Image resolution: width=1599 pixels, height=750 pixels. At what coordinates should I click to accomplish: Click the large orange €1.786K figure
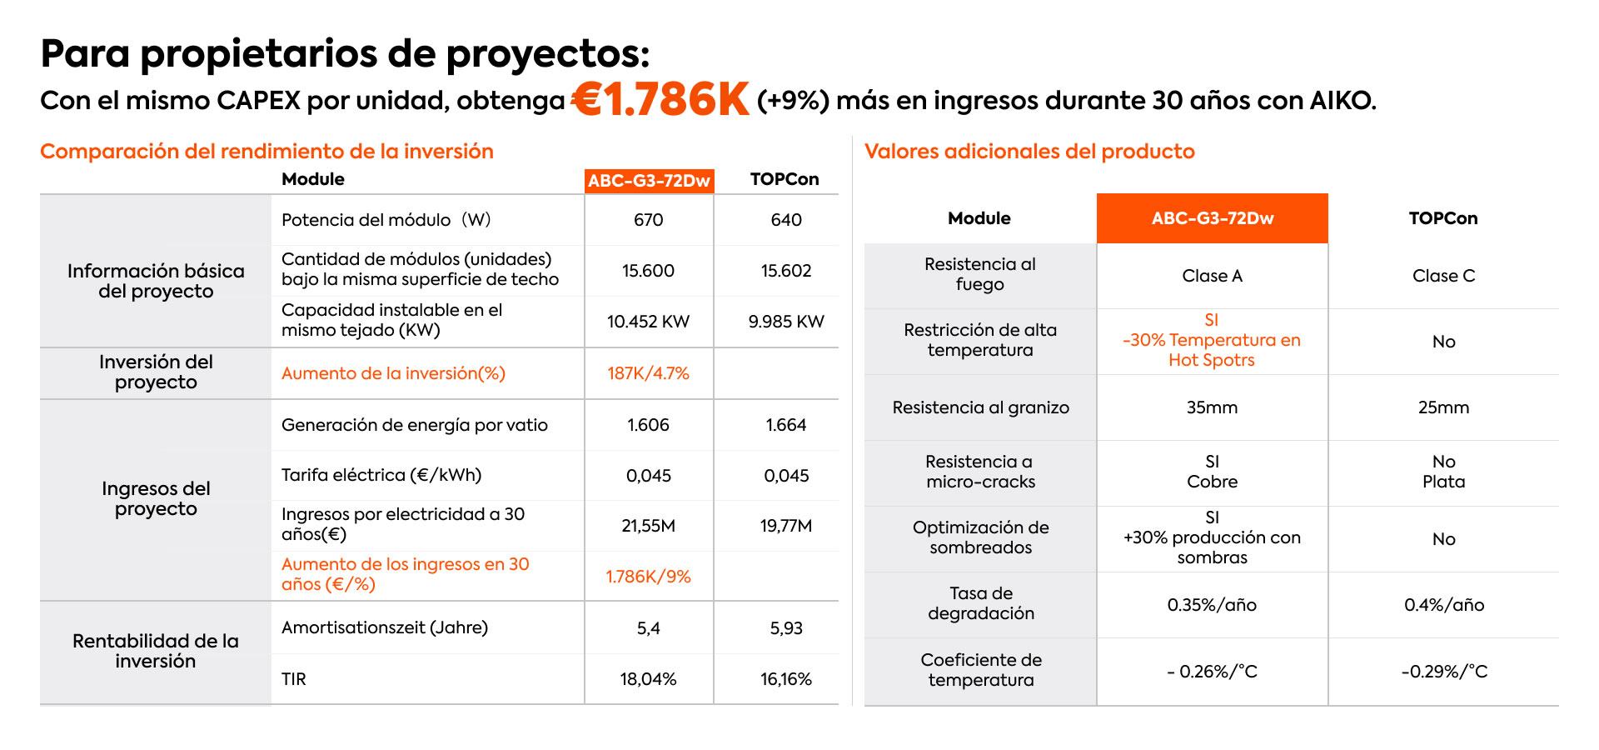[x=661, y=100]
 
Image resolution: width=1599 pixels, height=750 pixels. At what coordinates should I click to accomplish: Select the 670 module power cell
[x=648, y=220]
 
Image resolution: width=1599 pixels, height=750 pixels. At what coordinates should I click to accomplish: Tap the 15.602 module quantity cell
[x=785, y=271]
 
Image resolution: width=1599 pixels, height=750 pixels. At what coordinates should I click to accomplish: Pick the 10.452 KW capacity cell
[x=648, y=322]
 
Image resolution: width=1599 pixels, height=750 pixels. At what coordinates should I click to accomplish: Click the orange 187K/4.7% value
[x=648, y=373]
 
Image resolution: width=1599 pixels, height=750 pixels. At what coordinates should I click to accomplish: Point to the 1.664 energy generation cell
[x=785, y=425]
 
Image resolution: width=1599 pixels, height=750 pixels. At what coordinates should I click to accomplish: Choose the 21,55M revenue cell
[x=648, y=526]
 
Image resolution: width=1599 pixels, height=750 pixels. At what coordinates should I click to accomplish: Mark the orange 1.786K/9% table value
[x=648, y=577]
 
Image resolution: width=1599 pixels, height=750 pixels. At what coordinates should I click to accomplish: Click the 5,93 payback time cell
[x=785, y=628]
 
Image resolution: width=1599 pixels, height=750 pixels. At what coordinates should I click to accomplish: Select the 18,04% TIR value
[x=648, y=679]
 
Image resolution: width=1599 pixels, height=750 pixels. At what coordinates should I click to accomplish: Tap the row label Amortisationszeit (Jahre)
[x=385, y=627]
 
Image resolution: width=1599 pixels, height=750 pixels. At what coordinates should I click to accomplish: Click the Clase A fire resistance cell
[x=1212, y=276]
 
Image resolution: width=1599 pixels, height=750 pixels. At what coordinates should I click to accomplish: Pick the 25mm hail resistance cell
[x=1443, y=407]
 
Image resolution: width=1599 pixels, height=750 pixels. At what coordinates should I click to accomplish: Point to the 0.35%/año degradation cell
[x=1212, y=605]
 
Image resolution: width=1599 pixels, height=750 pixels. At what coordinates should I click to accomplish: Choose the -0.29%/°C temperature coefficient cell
[x=1443, y=672]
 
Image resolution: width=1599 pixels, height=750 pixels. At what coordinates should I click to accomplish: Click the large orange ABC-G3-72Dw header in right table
[x=1212, y=218]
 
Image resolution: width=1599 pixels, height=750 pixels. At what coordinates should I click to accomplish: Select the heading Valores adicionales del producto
[x=1029, y=152]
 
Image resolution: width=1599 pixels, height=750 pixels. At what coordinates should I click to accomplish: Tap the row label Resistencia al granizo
[x=980, y=407]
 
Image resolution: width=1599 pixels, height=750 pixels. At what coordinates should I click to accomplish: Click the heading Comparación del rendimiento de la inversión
[x=266, y=152]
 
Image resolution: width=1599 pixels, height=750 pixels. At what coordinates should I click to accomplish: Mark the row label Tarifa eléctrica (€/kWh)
[x=381, y=475]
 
